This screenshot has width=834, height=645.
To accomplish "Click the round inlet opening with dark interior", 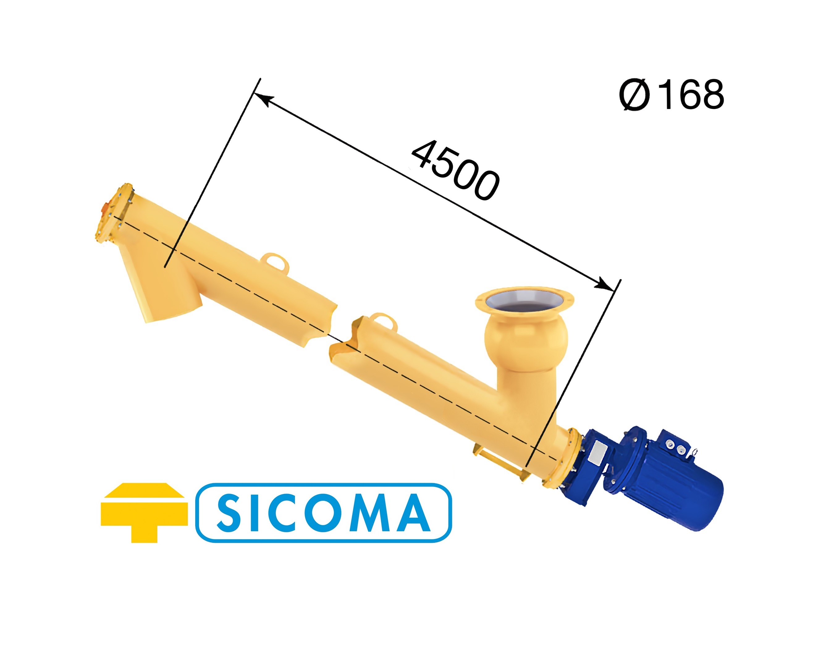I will pyautogui.click(x=524, y=302).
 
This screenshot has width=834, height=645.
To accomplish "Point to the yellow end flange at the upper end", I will pyautogui.click(x=115, y=214).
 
